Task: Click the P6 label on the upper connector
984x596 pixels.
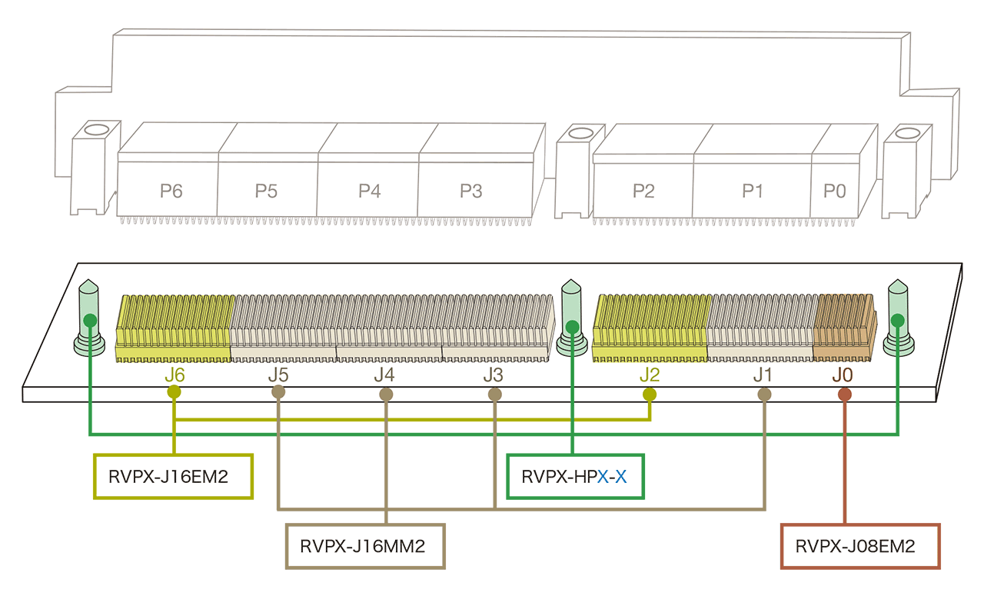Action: (171, 191)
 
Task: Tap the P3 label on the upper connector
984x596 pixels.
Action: (470, 191)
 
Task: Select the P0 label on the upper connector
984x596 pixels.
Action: (835, 191)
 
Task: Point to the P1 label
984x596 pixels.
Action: (752, 191)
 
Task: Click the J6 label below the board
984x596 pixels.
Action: (175, 375)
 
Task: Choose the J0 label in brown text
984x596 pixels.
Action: (842, 375)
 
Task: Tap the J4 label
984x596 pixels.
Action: (384, 375)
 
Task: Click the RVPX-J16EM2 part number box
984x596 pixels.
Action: (173, 477)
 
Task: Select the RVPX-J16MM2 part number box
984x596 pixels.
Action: (365, 546)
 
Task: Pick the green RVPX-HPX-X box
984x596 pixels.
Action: (574, 477)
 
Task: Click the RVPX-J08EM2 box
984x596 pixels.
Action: (860, 547)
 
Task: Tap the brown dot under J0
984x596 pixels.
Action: (845, 395)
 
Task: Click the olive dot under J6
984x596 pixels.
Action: (175, 392)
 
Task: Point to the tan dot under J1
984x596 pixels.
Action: (764, 395)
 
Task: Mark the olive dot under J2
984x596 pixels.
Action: (650, 395)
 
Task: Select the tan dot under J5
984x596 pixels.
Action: (279, 393)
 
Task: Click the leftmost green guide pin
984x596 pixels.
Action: (89, 319)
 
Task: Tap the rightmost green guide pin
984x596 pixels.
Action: (897, 319)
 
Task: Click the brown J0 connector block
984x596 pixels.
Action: (843, 327)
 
